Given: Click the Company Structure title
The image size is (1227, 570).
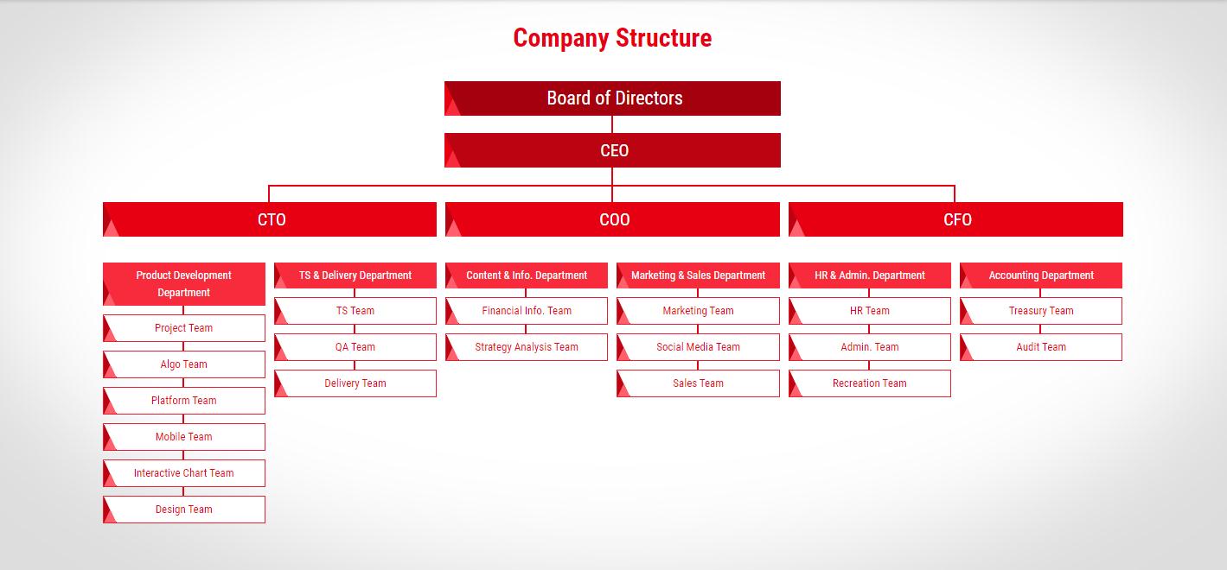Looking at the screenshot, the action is click(612, 38).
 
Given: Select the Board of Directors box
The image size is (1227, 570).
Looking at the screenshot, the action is click(612, 98).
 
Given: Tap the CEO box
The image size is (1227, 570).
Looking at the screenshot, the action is click(612, 150).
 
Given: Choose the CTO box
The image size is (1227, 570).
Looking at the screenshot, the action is click(270, 219).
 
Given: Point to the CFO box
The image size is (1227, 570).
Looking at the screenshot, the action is click(955, 219).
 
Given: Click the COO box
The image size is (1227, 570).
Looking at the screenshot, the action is click(612, 219).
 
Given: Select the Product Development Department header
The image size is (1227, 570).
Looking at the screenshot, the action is click(184, 284).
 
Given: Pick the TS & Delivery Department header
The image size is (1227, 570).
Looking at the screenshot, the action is click(355, 275).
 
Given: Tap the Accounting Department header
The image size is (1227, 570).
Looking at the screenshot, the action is click(1041, 275).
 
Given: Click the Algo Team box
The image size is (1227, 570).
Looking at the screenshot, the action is click(184, 364).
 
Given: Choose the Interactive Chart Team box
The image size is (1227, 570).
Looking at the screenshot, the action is click(184, 473).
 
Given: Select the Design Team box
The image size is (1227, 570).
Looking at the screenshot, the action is click(184, 510).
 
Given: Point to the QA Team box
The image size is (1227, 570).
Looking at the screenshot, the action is click(355, 347).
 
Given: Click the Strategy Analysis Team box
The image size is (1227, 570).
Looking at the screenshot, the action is click(527, 347).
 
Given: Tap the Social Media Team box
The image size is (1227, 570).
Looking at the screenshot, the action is click(698, 347).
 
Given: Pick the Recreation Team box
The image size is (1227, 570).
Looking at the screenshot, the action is click(870, 383).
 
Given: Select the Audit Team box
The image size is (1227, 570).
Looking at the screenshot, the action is click(1041, 347).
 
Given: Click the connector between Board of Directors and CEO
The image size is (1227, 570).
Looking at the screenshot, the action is click(612, 124).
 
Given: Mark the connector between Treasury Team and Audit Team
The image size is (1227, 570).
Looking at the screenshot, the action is click(1040, 329).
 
